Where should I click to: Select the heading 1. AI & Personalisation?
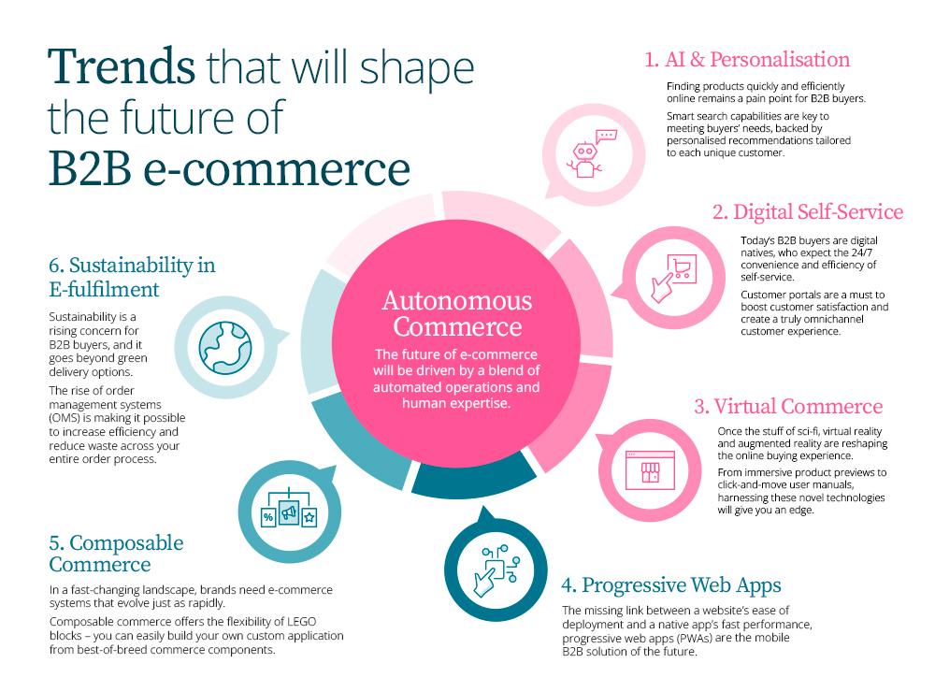[x=746, y=60]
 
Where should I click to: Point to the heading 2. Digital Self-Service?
[x=807, y=211]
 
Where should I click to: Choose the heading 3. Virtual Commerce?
[x=800, y=407]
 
